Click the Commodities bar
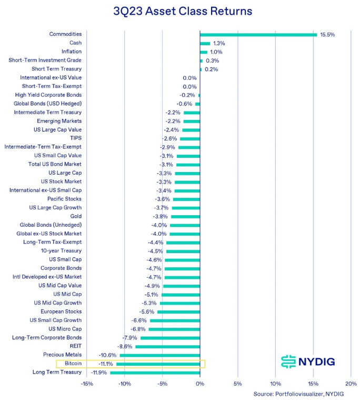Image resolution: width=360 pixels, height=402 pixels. (258, 35)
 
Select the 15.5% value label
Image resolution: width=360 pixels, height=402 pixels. (327, 35)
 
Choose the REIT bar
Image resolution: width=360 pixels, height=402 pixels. (167, 346)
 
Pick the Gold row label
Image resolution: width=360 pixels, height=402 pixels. (76, 216)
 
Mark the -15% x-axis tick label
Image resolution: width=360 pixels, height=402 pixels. (87, 383)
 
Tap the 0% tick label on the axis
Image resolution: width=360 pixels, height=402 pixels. (200, 383)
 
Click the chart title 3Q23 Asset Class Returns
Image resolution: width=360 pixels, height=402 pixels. (183, 11)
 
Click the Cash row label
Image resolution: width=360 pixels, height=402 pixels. (75, 43)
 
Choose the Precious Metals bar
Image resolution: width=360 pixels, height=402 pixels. (159, 355)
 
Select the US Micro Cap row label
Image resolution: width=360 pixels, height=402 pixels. (65, 329)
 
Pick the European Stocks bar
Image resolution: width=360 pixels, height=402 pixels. (178, 311)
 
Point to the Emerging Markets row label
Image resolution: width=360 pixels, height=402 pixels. (59, 121)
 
